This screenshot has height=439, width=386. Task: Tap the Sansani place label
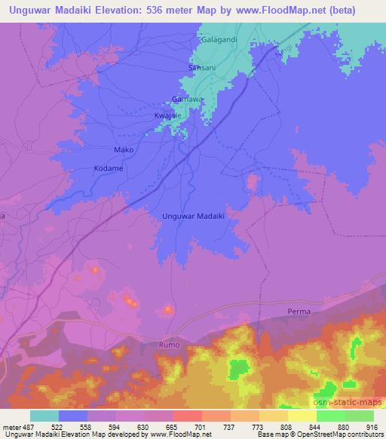201,68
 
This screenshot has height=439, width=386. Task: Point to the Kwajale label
168,115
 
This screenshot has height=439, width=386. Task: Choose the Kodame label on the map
109,168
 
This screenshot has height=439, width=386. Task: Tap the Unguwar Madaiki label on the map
195,216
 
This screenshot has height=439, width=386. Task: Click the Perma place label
299,311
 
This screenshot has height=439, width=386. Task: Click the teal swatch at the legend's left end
44,416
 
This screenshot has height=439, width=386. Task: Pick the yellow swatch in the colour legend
302,416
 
